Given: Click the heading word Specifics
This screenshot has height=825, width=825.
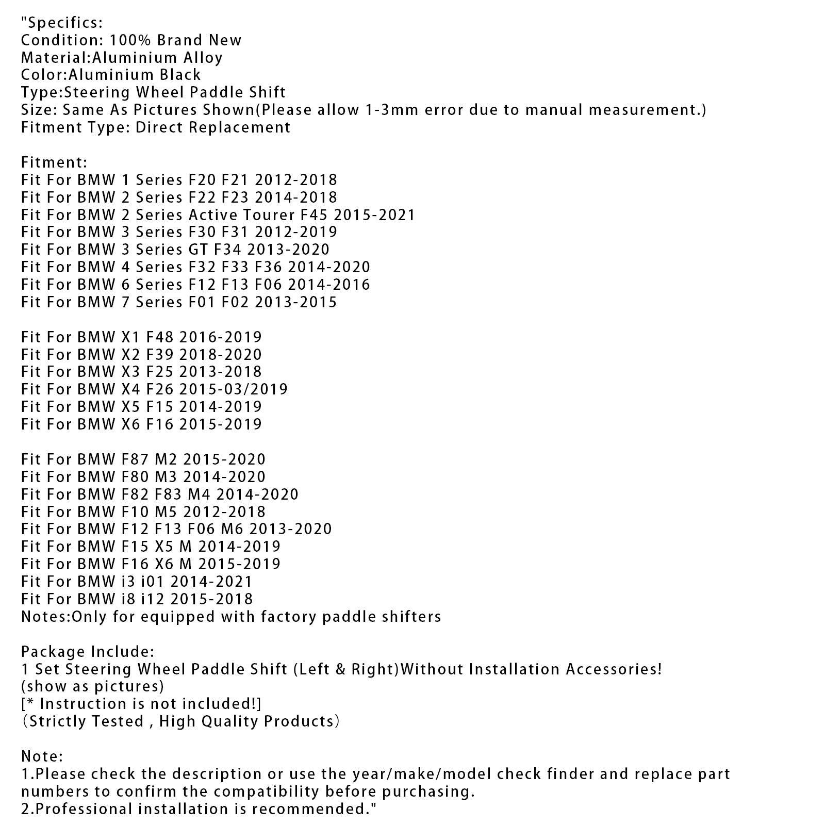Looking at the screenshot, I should [64, 23].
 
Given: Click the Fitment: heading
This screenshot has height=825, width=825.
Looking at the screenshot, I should [54, 162].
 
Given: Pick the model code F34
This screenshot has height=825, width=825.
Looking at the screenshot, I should [227, 250].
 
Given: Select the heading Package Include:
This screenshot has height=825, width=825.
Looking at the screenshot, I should [88, 652].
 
